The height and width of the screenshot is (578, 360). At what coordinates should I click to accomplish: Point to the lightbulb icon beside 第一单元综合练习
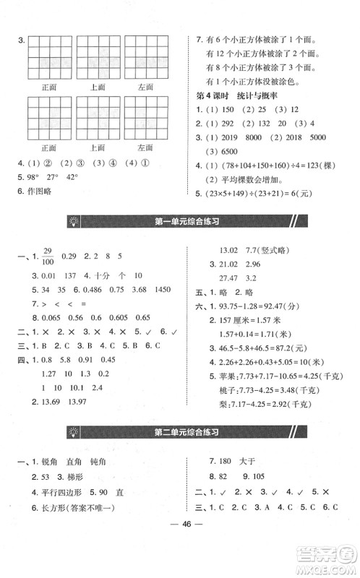coord(74,222)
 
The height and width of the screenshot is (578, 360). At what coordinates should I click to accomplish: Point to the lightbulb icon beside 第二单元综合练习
coord(74,433)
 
